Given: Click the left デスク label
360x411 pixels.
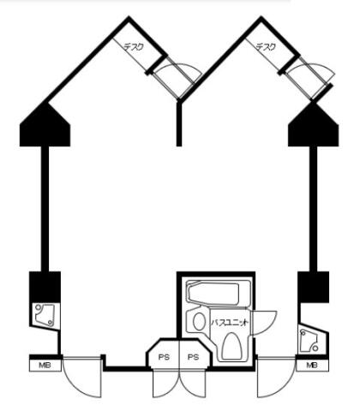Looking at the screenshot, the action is tap(134, 47).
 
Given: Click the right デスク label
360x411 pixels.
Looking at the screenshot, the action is tap(266, 47).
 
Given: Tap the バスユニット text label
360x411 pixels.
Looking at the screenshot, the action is tap(229, 323).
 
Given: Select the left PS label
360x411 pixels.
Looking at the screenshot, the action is tap(164, 357).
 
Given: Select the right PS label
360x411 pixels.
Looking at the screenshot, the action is tap(193, 357).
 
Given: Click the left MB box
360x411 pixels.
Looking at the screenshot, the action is tap(45, 366).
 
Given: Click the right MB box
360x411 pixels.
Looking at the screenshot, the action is tap(312, 366).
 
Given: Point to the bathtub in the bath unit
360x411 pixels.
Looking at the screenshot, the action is tap(213, 294).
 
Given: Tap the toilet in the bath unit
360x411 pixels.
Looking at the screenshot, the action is tap(231, 346).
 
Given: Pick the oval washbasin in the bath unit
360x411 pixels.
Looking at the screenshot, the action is tap(199, 321).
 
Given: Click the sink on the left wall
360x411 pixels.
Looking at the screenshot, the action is tap(45, 315).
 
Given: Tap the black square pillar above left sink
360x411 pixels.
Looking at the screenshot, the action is tap(45, 287).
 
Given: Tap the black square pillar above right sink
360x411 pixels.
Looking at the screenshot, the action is tap(314, 287).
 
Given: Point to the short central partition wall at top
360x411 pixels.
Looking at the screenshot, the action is tap(179, 124).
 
